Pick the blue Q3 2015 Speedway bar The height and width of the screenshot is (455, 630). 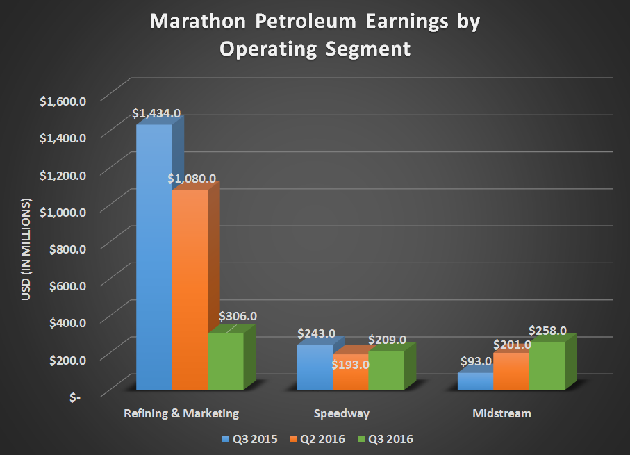(x=314, y=367)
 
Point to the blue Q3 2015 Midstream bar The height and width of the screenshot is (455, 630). (x=475, y=381)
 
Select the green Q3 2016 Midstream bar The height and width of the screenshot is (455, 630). (x=547, y=365)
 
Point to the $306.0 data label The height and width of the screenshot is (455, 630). (x=238, y=316)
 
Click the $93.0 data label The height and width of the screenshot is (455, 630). (x=476, y=362)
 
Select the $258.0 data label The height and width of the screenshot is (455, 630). (x=548, y=331)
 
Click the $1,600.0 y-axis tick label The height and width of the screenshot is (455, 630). (x=63, y=101)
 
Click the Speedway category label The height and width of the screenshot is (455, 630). (x=341, y=414)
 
